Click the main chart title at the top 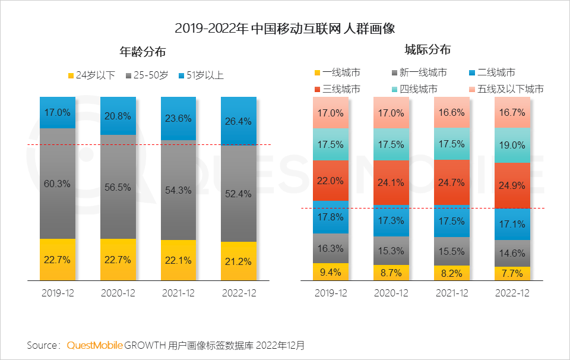pyautogui.click(x=285, y=28)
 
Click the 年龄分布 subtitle pyautogui.click(x=142, y=52)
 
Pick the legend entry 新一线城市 pyautogui.click(x=418, y=72)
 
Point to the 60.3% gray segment pyautogui.click(x=58, y=184)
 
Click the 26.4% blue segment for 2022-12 pyautogui.click(x=239, y=121)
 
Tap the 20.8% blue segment pyautogui.click(x=118, y=116)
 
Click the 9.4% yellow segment pyautogui.click(x=331, y=272)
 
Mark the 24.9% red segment pyautogui.click(x=512, y=185)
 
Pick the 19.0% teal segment pyautogui.click(x=512, y=145)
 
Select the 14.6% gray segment pyautogui.click(x=512, y=253)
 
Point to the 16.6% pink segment pyautogui.click(x=452, y=112)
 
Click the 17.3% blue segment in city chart pyautogui.click(x=391, y=220)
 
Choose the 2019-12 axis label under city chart pyautogui.click(x=331, y=293)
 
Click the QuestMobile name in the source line pyautogui.click(x=95, y=345)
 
